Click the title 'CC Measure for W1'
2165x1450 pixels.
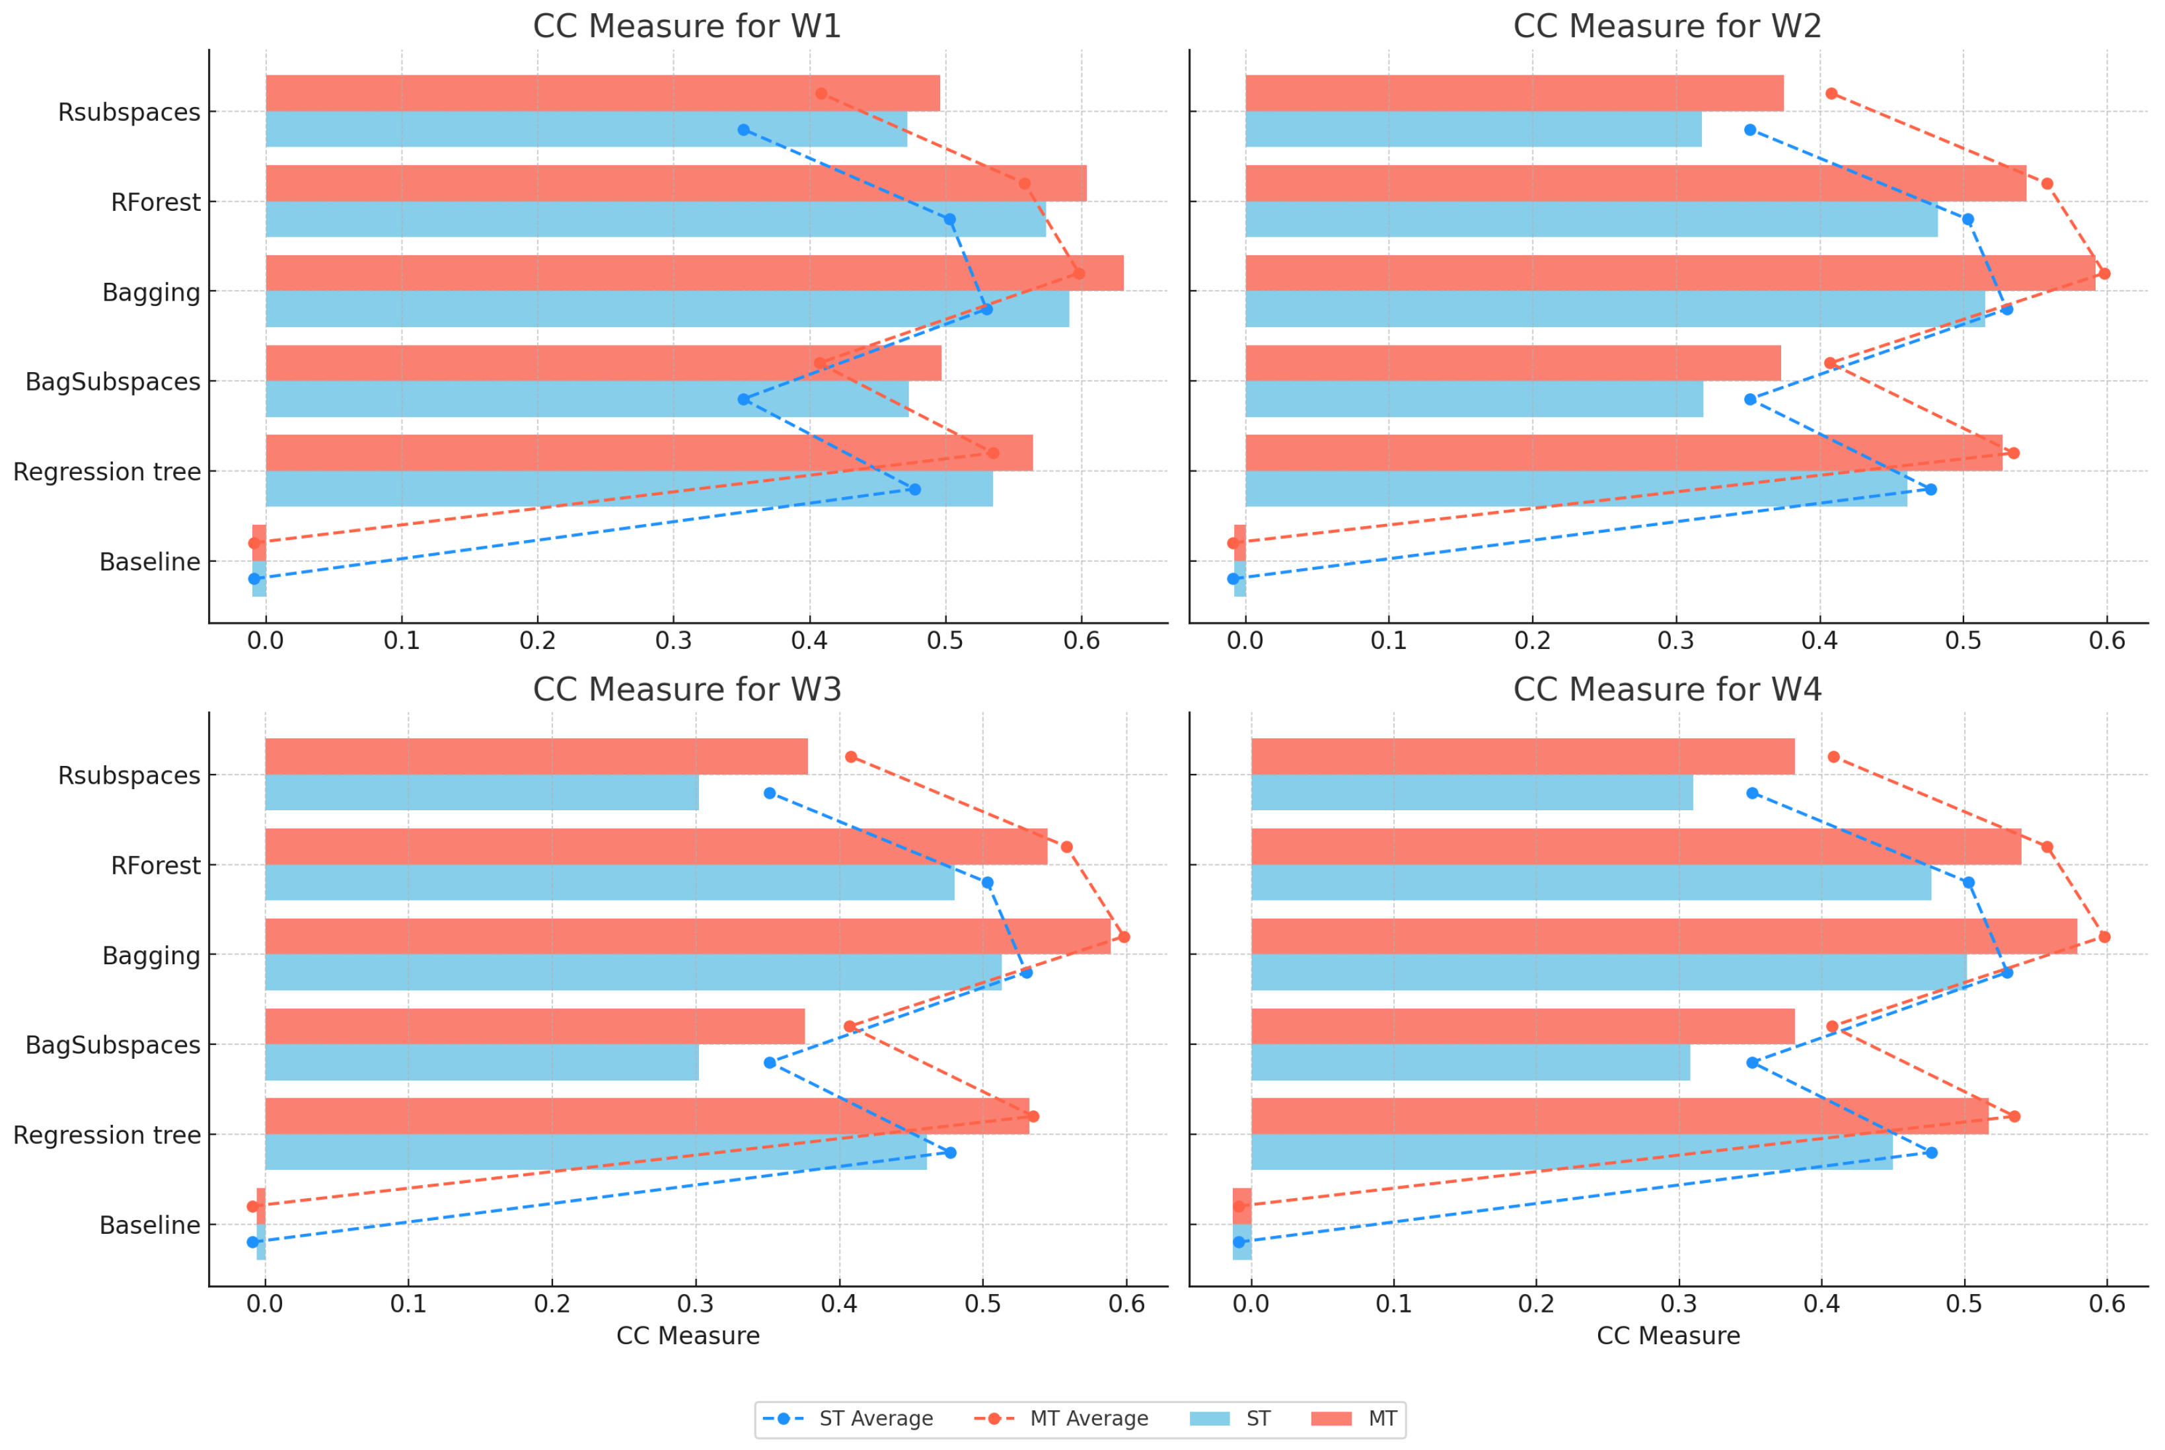click(687, 26)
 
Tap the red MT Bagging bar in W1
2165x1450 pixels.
click(693, 273)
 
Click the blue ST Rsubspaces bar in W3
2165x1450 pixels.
click(481, 792)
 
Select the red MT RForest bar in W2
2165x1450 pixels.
click(1634, 183)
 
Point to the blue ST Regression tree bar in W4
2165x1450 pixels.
click(1572, 1152)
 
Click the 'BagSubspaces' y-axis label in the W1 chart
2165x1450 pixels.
click(113, 382)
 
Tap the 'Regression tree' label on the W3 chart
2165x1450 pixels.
click(106, 1135)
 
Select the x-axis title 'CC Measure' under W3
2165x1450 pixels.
click(688, 1335)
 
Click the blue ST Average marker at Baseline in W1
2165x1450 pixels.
click(254, 579)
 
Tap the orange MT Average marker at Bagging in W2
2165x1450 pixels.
click(2104, 274)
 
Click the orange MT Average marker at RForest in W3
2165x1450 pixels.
click(1066, 847)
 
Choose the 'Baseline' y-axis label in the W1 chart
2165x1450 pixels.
click(150, 562)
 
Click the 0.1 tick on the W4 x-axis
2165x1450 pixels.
click(1393, 1304)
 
